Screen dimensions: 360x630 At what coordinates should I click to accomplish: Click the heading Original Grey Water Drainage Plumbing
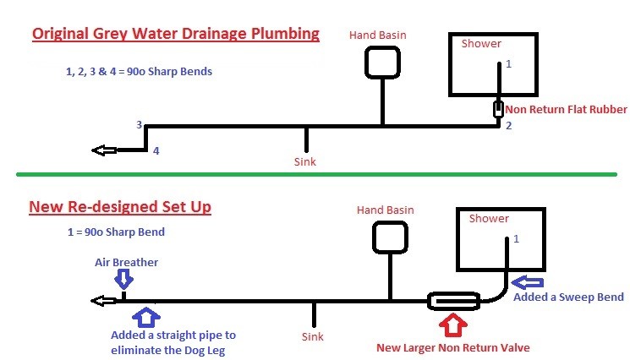pos(175,35)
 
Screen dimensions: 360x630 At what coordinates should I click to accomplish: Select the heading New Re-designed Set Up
pos(119,207)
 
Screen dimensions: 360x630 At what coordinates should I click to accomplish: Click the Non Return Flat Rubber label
pos(566,109)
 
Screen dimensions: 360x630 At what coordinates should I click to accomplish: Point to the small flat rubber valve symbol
pos(499,110)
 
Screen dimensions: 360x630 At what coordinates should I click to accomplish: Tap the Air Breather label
pos(125,263)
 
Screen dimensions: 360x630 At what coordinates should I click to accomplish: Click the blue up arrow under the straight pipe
pos(146,318)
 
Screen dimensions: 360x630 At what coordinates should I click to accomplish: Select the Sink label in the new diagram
pos(313,336)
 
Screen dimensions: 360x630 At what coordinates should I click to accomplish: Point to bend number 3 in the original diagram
pos(140,125)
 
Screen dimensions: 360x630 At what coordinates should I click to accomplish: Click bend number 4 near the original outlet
pos(156,151)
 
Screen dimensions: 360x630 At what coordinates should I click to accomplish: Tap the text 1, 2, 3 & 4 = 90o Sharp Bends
pos(139,71)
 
